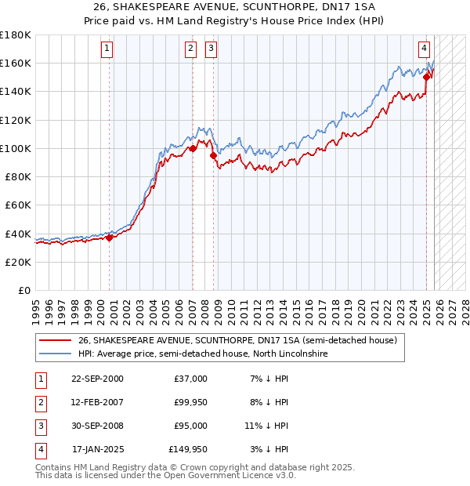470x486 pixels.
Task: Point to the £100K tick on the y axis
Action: tap(16, 148)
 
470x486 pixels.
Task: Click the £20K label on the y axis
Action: tap(18, 262)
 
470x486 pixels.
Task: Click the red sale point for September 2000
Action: tap(110, 238)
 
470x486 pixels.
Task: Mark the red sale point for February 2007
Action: tap(193, 148)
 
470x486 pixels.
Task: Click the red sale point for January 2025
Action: tap(427, 77)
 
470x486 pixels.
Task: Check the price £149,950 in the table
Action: tap(187, 449)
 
